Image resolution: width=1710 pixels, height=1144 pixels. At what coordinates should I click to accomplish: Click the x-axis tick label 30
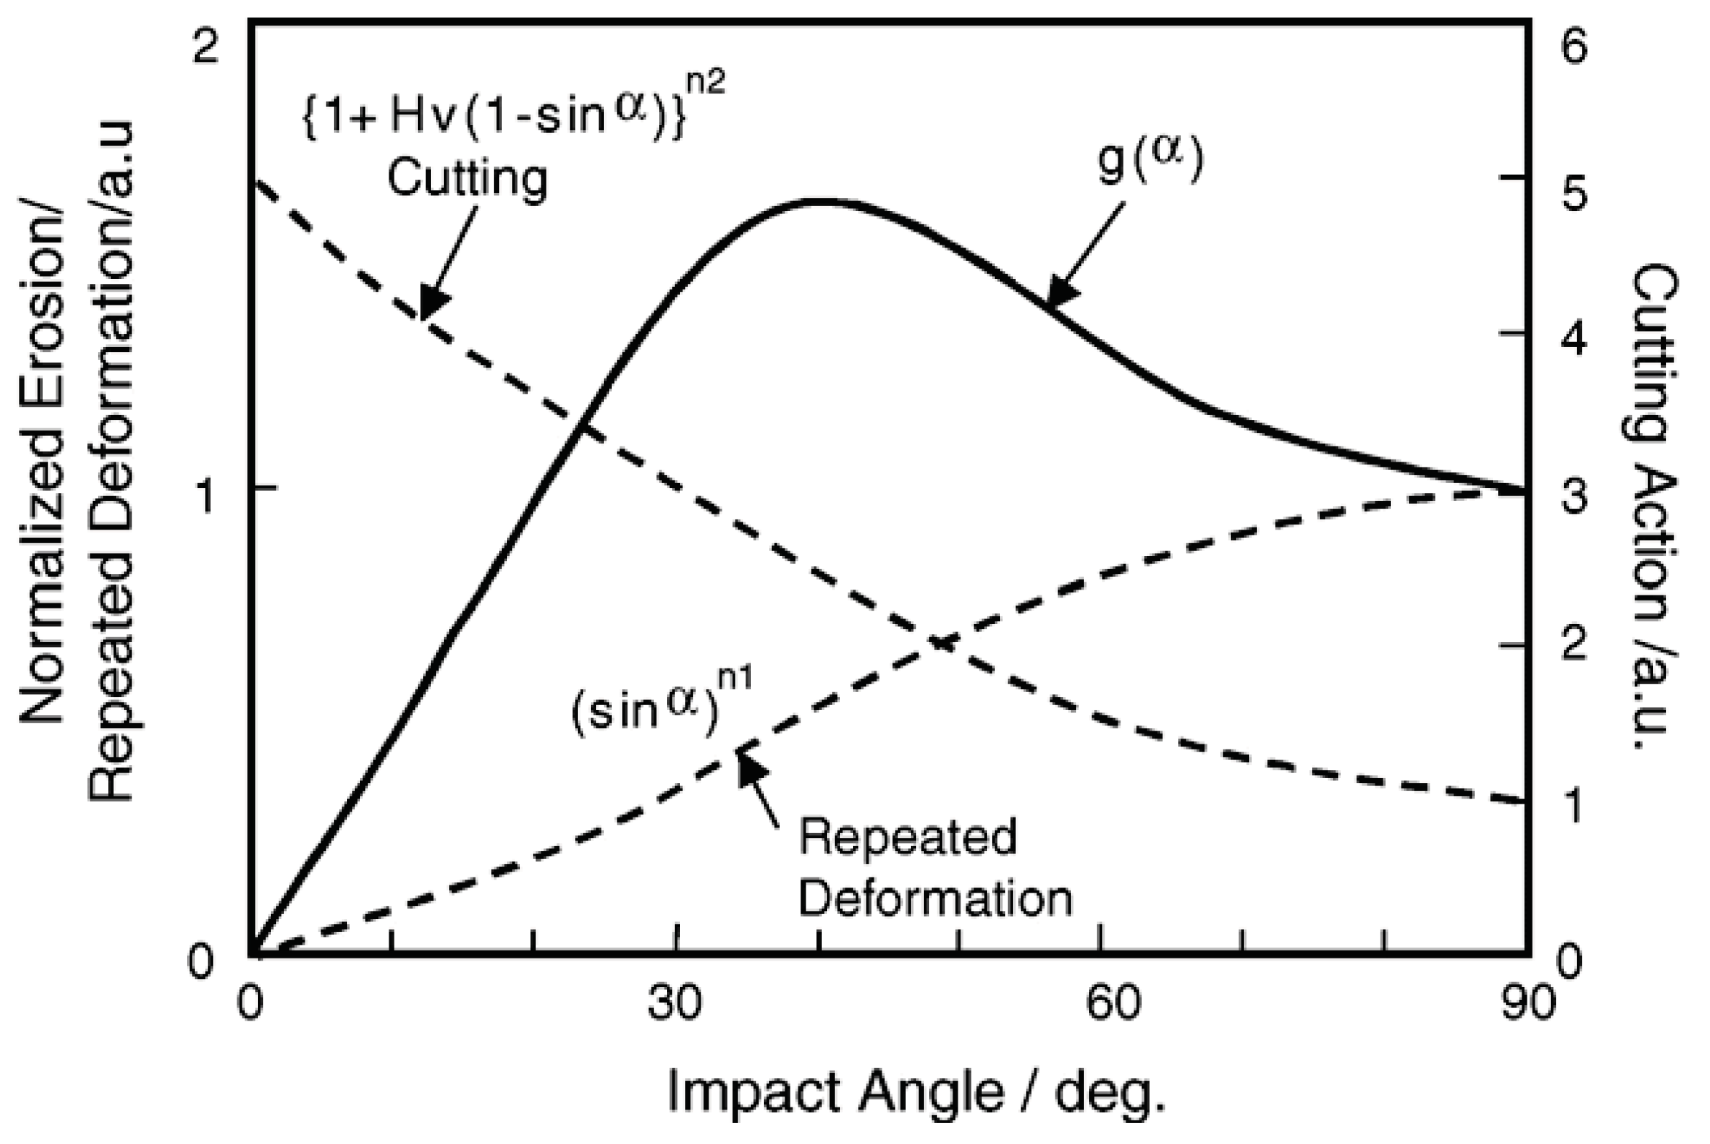tap(673, 1003)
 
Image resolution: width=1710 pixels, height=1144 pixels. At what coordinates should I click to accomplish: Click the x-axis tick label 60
tap(1112, 1003)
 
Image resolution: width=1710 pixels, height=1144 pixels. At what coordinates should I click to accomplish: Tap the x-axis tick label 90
tap(1528, 1003)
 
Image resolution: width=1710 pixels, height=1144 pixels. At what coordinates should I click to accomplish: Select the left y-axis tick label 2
tap(206, 50)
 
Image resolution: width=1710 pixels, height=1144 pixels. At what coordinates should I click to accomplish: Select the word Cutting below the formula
tap(467, 178)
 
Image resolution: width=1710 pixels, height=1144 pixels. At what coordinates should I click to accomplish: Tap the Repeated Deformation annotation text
tap(935, 868)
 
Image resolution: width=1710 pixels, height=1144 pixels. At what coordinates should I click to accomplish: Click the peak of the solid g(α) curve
tap(822, 202)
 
